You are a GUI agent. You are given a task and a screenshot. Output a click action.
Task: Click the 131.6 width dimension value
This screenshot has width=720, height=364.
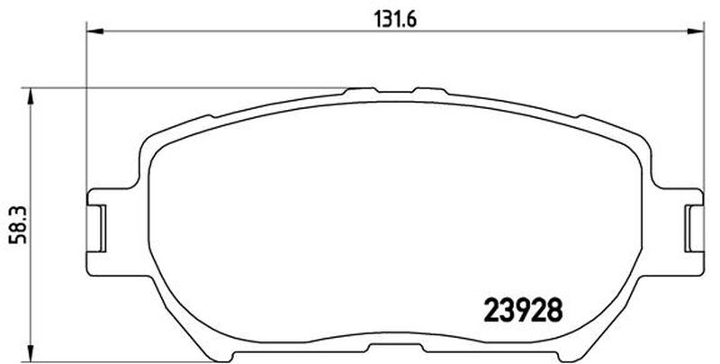[x=395, y=19]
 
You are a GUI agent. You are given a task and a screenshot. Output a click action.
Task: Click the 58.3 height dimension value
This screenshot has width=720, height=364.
[x=20, y=224]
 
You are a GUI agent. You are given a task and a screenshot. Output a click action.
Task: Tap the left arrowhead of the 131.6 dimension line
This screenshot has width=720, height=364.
[x=95, y=32]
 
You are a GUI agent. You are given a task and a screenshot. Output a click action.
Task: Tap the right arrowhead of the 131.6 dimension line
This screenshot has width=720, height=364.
[x=695, y=32]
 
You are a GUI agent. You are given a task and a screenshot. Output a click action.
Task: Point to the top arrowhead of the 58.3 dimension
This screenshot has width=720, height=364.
[x=31, y=96]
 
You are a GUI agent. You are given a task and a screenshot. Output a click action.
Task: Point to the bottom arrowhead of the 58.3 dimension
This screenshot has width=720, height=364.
[x=31, y=353]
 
